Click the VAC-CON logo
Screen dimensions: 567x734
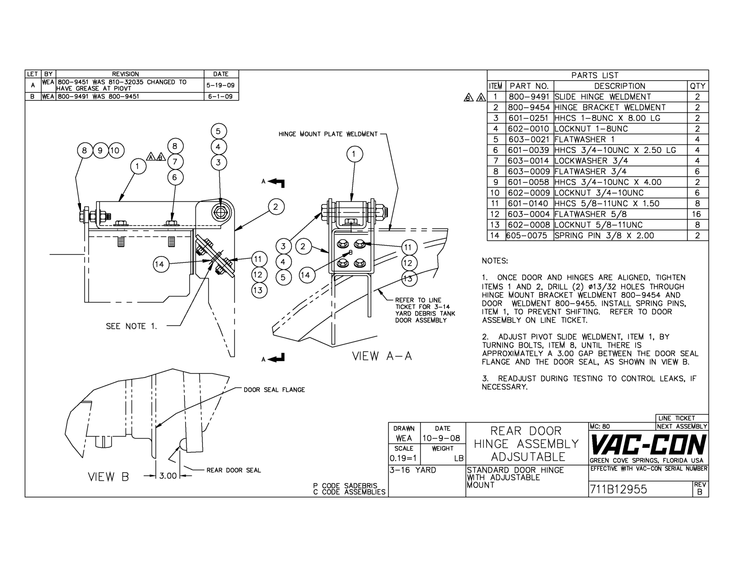click(x=648, y=444)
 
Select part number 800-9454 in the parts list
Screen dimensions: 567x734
click(x=529, y=108)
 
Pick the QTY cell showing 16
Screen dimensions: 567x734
click(x=697, y=214)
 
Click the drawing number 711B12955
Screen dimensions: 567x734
click(x=618, y=490)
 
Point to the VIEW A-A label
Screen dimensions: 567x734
click(x=382, y=356)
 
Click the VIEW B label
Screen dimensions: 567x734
click(x=108, y=477)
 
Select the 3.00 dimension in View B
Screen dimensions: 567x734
click(x=168, y=476)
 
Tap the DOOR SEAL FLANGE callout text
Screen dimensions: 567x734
click(x=274, y=390)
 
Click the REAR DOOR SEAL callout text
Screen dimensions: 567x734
click(x=234, y=470)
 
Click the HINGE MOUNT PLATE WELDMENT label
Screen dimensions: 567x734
click(x=328, y=134)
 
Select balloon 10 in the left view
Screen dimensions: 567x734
click(x=115, y=150)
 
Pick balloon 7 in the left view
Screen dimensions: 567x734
click(x=175, y=162)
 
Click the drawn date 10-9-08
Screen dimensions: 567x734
click(x=442, y=438)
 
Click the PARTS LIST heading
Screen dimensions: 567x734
click(x=595, y=76)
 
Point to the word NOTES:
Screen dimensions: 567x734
click(x=495, y=261)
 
